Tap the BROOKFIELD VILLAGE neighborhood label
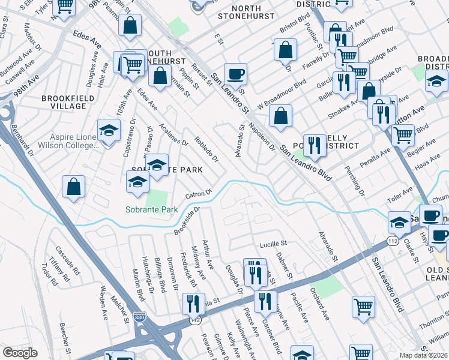(x=64, y=102)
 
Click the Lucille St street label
(x=273, y=244)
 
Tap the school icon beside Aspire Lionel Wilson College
(x=108, y=131)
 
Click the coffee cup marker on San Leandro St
(x=236, y=74)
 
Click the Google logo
(x=20, y=353)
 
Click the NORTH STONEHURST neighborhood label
(x=248, y=13)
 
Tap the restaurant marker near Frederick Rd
(x=193, y=304)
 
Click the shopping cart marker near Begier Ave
(x=403, y=135)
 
